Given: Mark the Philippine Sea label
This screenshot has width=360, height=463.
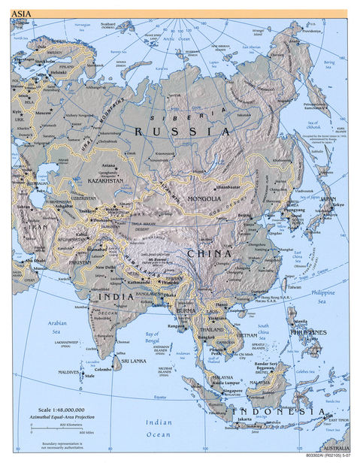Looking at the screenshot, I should click(325, 296).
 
